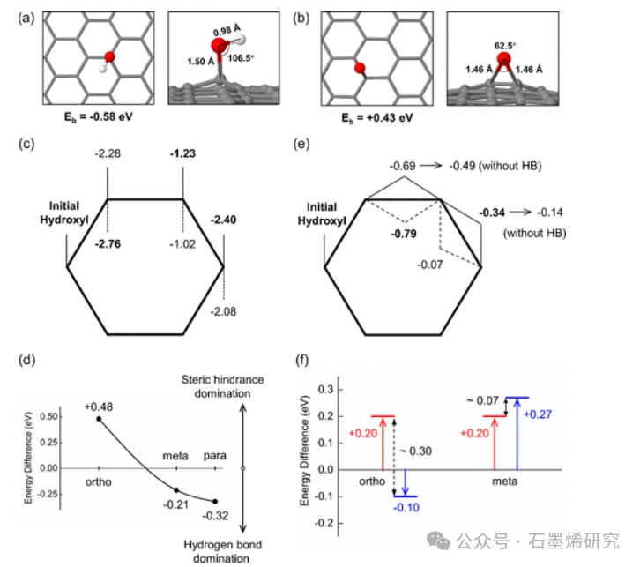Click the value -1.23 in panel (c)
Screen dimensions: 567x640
(x=182, y=153)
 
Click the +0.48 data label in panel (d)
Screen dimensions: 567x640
(x=98, y=407)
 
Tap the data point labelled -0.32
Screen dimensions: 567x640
(x=215, y=501)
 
